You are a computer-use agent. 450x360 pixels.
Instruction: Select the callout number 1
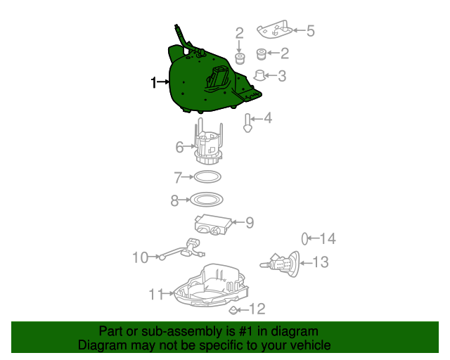click(x=154, y=83)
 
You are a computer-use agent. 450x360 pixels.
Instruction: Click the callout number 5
click(x=309, y=30)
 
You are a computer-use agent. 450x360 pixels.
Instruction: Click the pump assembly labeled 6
click(x=208, y=146)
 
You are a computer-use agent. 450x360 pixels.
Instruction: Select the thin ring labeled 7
click(x=207, y=176)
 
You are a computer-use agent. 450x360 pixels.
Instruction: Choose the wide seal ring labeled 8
click(x=207, y=200)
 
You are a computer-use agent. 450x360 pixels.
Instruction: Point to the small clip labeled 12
click(x=233, y=309)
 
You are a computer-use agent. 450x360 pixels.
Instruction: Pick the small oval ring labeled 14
click(x=306, y=238)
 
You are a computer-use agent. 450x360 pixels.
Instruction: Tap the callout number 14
click(x=328, y=239)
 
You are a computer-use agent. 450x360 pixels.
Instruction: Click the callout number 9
click(x=249, y=223)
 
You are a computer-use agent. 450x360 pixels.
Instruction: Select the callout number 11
click(x=155, y=294)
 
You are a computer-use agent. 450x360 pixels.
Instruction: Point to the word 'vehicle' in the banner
click(x=309, y=345)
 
